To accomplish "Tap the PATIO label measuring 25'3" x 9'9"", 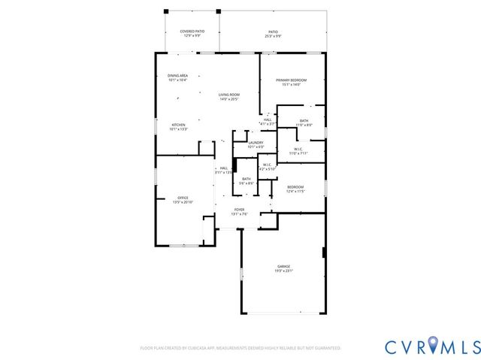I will pos(274,33).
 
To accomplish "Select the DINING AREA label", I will pos(178,77).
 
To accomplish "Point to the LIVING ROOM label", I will pos(229,96).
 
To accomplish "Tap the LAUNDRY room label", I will pos(256,144).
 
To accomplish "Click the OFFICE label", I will pos(172,200).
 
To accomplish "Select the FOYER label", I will pos(239,211).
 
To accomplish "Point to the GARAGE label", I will pos(283,268).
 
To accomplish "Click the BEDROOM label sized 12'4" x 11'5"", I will pos(295,189).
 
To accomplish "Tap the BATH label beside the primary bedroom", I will pos(304,123).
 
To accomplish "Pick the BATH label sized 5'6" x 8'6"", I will pos(246,180).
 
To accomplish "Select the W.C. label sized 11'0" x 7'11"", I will pos(298,151).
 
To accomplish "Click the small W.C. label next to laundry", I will pos(267,166).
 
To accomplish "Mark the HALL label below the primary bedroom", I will pos(268,121).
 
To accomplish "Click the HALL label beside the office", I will pos(223,170).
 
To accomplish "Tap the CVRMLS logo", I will pos(431,346).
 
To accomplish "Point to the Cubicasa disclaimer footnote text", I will pos(240,348).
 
